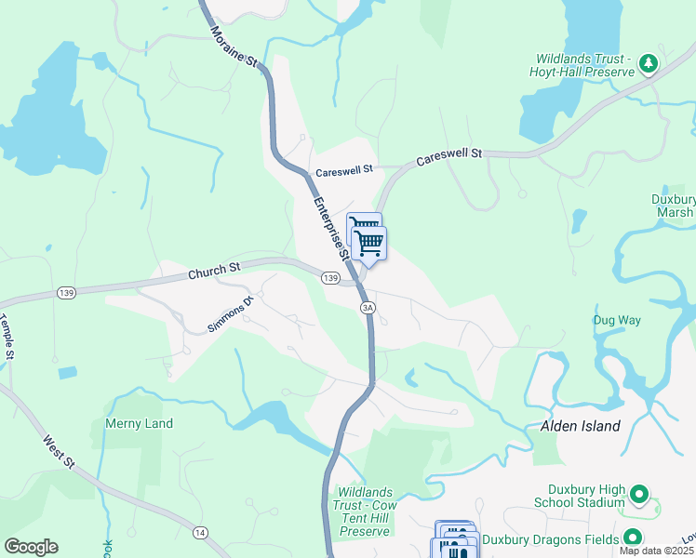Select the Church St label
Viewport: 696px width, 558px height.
[214, 272]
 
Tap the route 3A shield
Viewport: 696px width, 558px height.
[368, 307]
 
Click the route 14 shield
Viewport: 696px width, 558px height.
[199, 532]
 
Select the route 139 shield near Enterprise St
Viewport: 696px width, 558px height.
[330, 278]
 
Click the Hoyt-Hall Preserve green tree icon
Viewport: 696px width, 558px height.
[648, 64]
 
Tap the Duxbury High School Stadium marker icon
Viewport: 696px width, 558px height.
[638, 494]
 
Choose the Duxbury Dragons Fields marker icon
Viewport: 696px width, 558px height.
[633, 538]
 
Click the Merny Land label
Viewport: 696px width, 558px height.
[140, 423]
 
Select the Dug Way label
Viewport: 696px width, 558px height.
[618, 320]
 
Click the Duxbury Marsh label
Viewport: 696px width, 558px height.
[674, 206]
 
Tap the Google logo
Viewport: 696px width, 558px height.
[30, 547]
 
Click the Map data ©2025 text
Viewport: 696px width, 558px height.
[657, 551]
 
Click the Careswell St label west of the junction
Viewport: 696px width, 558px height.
[343, 171]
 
